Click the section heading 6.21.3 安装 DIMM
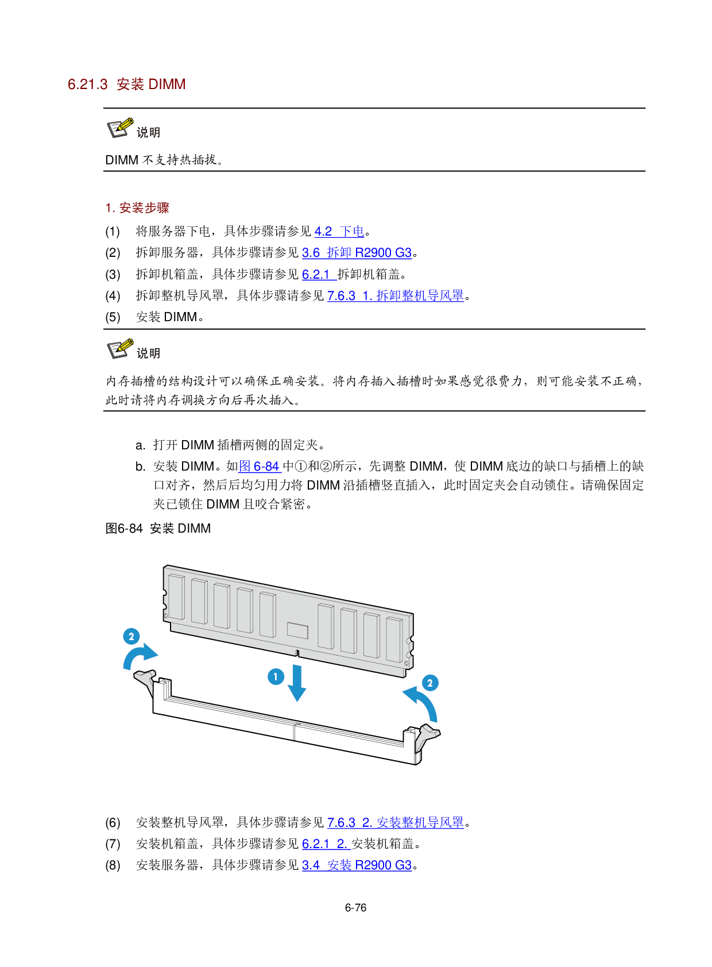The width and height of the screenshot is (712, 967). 126,84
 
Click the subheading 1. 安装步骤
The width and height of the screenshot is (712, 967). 137,208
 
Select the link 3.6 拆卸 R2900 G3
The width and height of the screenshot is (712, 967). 357,253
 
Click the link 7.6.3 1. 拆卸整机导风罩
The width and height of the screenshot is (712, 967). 396,296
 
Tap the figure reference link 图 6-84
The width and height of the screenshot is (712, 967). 260,467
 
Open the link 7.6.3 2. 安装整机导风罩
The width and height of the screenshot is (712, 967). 396,823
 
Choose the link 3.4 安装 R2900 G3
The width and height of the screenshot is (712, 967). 357,865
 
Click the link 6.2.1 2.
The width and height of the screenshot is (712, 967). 326,844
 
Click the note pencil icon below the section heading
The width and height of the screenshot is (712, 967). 121,128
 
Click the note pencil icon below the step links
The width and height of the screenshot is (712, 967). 121,348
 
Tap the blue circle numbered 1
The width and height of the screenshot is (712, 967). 276,676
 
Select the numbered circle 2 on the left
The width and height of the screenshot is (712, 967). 131,636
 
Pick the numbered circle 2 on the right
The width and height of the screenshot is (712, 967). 430,683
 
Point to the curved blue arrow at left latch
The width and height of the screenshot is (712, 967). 140,656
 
